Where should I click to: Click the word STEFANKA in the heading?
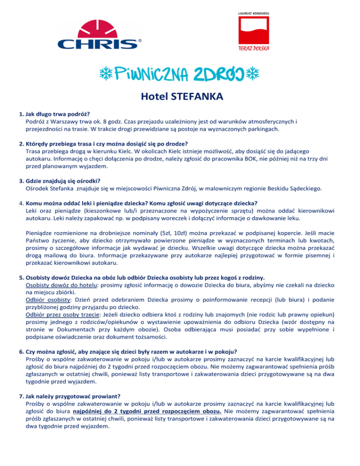coord(196,98)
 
